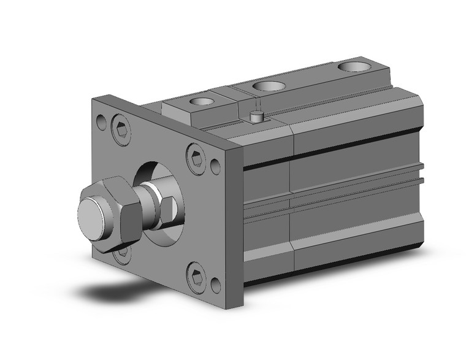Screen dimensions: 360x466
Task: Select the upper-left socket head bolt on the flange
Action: click(x=122, y=129)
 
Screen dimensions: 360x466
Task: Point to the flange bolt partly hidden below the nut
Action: click(x=123, y=250)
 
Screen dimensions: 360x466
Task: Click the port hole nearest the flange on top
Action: click(x=199, y=102)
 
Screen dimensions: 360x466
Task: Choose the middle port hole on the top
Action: click(x=267, y=86)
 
